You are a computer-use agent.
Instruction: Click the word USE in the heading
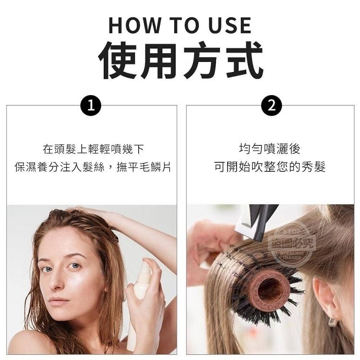[x=230, y=25]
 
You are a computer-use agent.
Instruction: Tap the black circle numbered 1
[x=91, y=106]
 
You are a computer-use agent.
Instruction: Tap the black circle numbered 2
[x=272, y=106]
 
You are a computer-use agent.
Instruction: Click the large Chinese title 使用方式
[x=180, y=60]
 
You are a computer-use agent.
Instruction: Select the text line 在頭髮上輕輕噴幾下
[x=94, y=149]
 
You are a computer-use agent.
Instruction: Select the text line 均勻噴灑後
[x=270, y=149]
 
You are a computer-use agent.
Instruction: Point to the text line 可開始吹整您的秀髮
[x=270, y=167]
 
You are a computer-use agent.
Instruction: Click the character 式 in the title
[x=244, y=60]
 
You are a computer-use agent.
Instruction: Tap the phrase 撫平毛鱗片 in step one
[x=144, y=167]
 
